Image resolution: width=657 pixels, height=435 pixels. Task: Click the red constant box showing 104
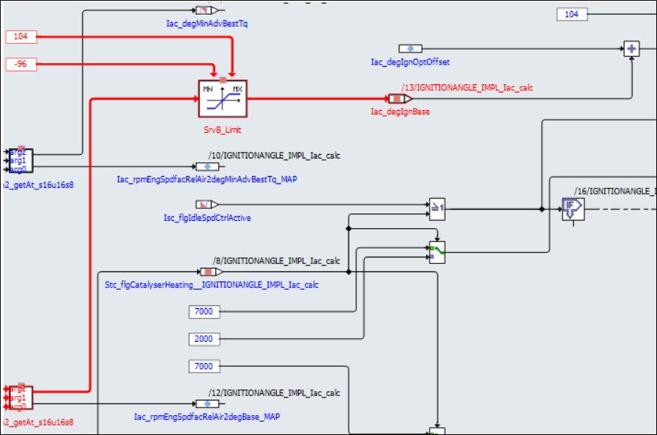(21, 36)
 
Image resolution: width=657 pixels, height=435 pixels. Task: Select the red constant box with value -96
(21, 64)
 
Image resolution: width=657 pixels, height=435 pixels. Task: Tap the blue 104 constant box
(571, 14)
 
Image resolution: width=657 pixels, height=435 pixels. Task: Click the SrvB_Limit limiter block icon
(222, 99)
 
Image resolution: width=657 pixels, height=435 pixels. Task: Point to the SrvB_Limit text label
(222, 130)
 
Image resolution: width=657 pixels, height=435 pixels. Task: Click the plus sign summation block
(631, 49)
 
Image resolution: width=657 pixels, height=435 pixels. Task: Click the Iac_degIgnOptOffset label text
(410, 62)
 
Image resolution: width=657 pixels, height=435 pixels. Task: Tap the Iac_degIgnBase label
(400, 112)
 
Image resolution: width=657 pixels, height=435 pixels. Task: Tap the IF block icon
(572, 209)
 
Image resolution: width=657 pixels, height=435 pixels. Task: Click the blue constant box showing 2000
(203, 339)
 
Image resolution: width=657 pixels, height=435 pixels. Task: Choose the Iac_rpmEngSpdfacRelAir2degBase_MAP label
(206, 416)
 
